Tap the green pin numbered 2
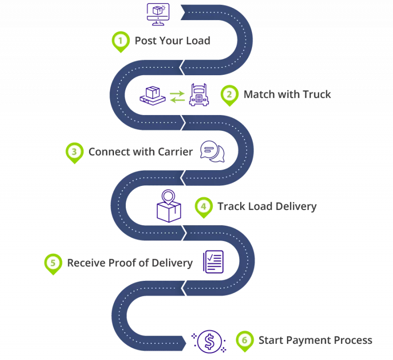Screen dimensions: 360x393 pyautogui.click(x=229, y=94)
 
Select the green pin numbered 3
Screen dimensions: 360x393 pyautogui.click(x=74, y=152)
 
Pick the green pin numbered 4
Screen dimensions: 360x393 pyautogui.click(x=203, y=207)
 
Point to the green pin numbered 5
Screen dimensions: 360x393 pyautogui.click(x=52, y=263)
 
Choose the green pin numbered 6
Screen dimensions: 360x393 pyautogui.click(x=244, y=340)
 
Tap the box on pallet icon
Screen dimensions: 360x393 pyautogui.click(x=152, y=95)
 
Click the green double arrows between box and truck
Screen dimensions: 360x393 pyautogui.click(x=177, y=97)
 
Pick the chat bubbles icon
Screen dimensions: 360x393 pyautogui.click(x=212, y=152)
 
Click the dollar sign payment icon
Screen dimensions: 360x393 pyautogui.click(x=209, y=340)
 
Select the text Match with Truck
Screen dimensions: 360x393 pyautogui.click(x=287, y=94)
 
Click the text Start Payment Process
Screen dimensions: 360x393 pyautogui.click(x=315, y=340)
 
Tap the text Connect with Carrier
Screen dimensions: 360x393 pyautogui.click(x=140, y=152)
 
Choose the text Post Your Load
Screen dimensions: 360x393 pyautogui.click(x=172, y=41)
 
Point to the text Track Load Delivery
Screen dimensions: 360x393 pyautogui.click(x=267, y=207)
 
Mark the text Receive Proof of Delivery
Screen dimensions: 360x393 pyautogui.click(x=130, y=263)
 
